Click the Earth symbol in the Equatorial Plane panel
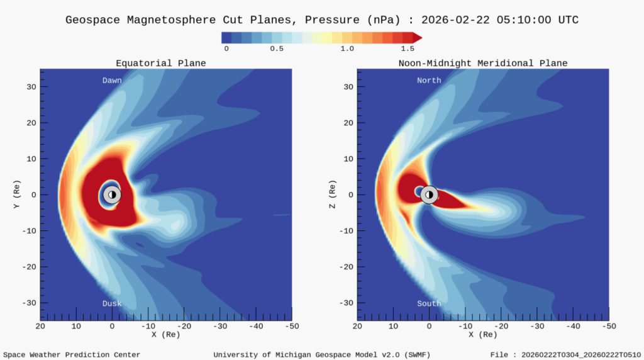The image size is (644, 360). point(112,194)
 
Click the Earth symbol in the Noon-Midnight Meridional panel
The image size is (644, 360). point(429,194)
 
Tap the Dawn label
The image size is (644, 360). point(112,81)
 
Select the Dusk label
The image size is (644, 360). point(112,303)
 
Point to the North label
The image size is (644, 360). point(429,81)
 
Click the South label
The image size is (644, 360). point(429,303)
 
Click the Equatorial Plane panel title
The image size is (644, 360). point(160,64)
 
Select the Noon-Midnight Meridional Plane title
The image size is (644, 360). point(483,64)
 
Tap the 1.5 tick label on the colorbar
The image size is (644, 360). point(408,48)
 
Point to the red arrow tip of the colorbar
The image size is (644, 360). point(417,38)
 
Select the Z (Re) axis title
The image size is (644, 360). point(332,194)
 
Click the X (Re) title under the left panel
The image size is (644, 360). point(166,334)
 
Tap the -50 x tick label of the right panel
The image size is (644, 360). point(608,326)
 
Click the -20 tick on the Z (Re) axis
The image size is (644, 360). point(345,267)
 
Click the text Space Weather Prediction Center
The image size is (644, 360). point(72,355)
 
